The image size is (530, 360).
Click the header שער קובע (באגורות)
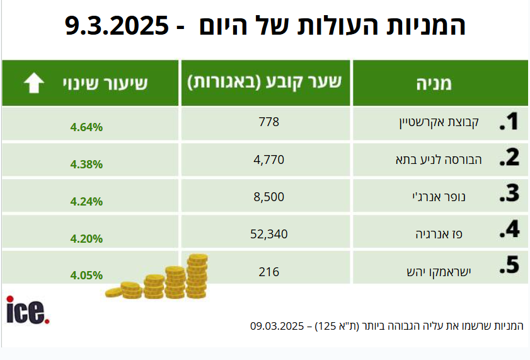tap(266, 83)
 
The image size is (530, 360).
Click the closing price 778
tap(268, 122)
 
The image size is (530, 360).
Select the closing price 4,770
tap(268, 160)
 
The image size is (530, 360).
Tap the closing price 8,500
tap(268, 197)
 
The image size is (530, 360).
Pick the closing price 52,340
tap(268, 234)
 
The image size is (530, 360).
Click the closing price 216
tap(268, 272)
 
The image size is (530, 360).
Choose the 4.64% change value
tap(86, 127)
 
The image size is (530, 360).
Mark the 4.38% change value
tap(86, 165)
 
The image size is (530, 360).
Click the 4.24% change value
tap(86, 202)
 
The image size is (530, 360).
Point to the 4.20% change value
tap(86, 239)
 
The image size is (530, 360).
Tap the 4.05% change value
tap(86, 276)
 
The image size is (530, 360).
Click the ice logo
tap(26, 310)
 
